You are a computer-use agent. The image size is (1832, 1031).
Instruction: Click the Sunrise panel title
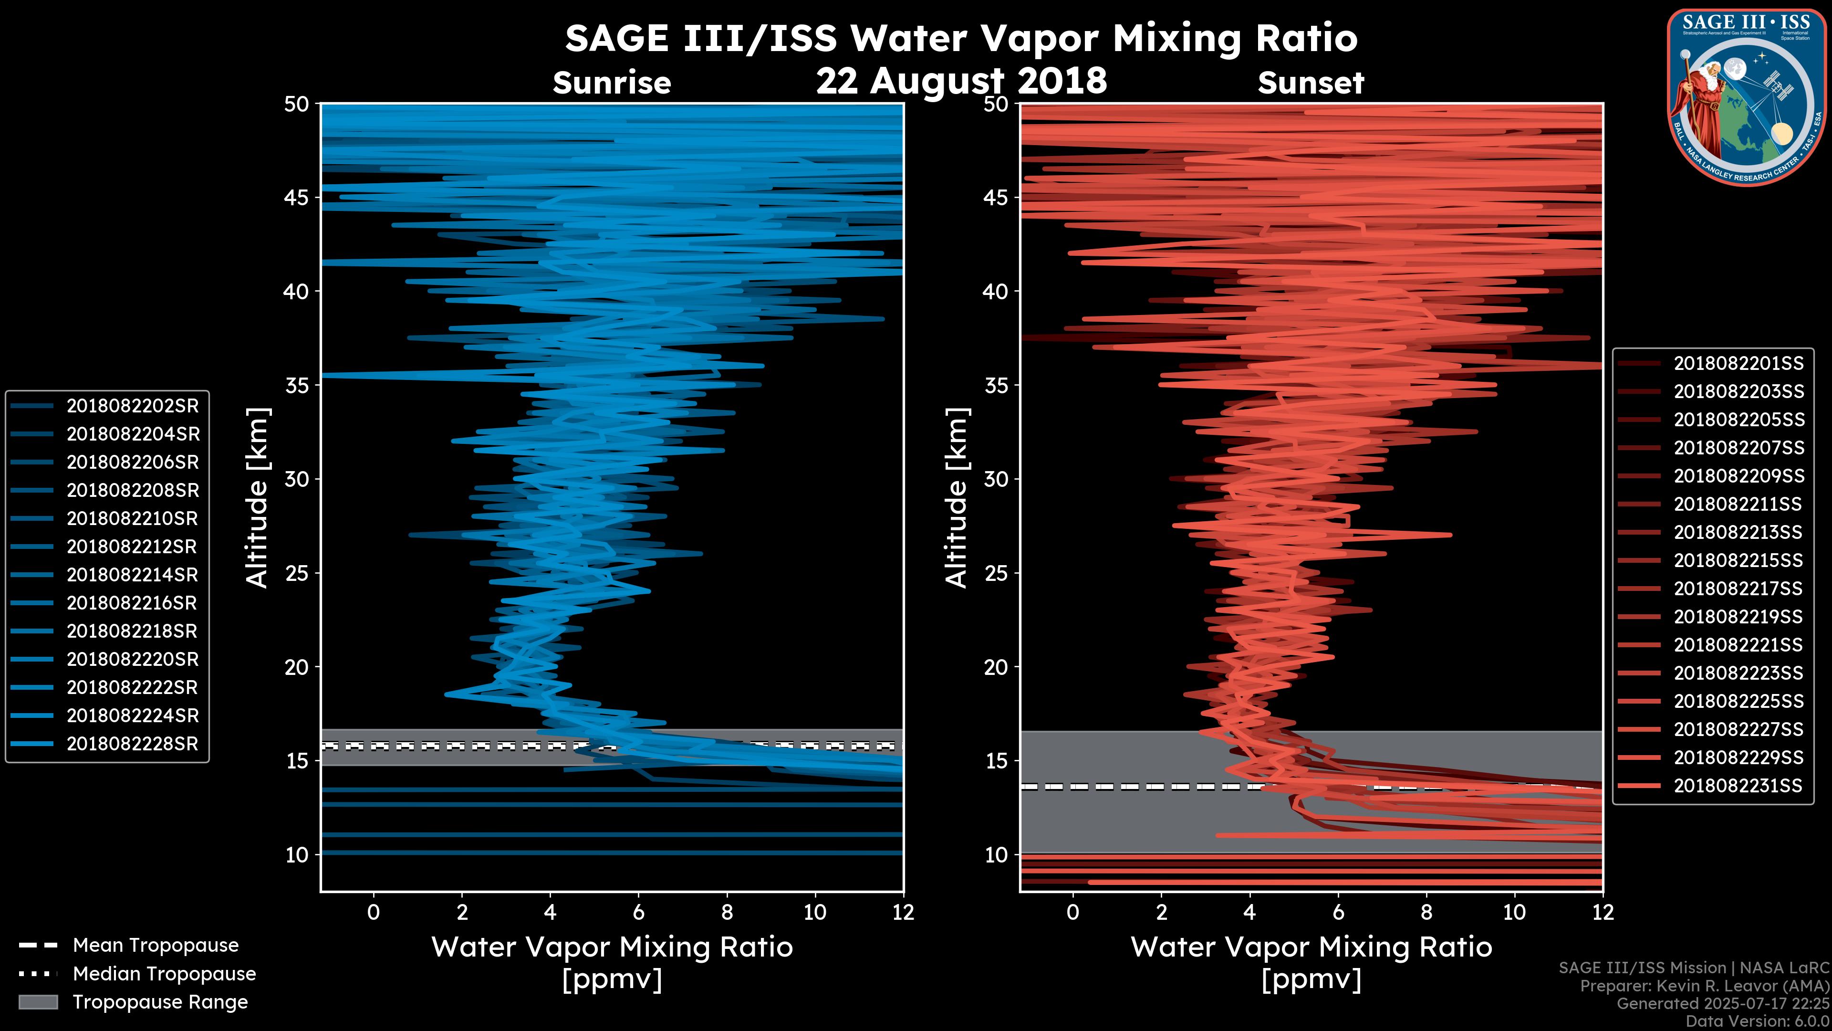point(612,83)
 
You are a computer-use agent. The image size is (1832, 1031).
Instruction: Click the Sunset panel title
point(1311,83)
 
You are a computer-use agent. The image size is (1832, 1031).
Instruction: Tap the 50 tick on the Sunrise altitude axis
point(297,105)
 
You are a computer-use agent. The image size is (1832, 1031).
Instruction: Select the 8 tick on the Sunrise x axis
point(727,912)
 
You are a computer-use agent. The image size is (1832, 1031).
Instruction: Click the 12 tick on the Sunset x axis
point(1603,912)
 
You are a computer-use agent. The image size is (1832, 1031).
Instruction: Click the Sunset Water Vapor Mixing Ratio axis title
point(1311,947)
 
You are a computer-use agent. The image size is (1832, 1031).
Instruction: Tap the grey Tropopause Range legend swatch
point(38,1002)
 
